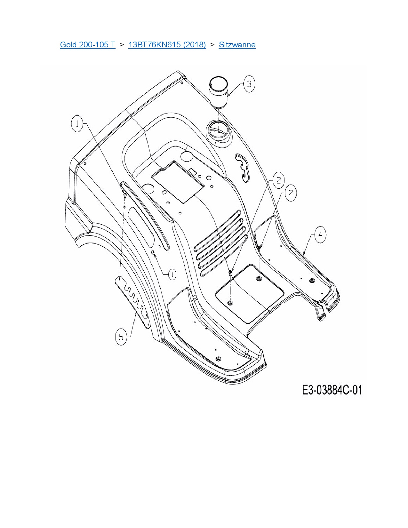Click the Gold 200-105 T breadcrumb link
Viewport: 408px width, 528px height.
[87, 44]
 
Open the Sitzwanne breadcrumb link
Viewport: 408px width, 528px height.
[237, 44]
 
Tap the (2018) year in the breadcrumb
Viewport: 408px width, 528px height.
[195, 44]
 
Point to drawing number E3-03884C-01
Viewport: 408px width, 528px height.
[332, 390]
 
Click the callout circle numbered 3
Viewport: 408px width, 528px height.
[249, 84]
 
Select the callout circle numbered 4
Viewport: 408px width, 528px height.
[320, 235]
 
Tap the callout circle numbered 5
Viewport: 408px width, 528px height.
[121, 337]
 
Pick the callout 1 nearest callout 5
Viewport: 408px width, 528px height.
[172, 274]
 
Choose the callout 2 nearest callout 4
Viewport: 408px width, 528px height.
[291, 193]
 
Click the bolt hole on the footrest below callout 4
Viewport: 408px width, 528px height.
[310, 281]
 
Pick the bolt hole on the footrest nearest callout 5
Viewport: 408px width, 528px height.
[219, 358]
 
